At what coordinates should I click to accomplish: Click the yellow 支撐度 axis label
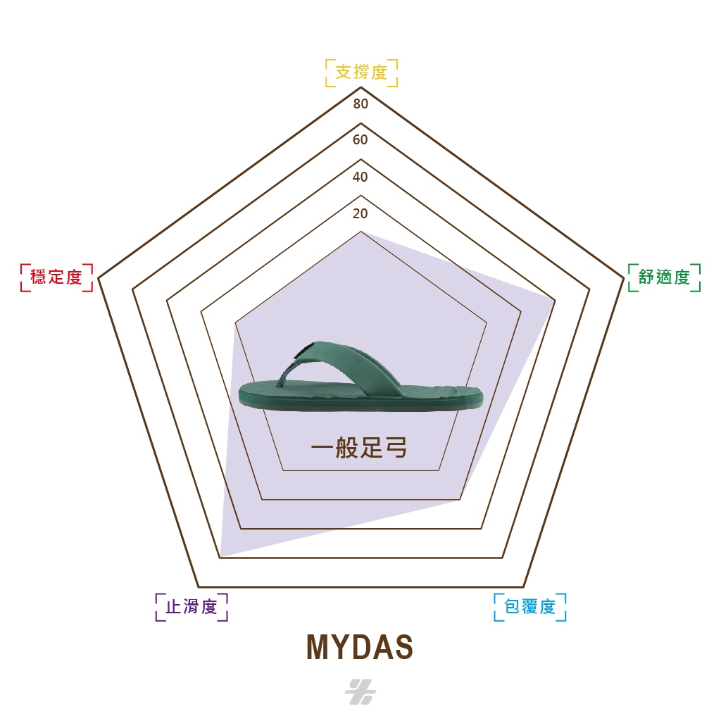[361, 73]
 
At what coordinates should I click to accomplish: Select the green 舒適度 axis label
[664, 277]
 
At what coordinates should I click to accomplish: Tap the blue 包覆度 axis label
[529, 607]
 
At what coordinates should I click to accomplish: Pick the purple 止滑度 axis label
[192, 607]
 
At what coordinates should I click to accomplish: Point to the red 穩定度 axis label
[56, 277]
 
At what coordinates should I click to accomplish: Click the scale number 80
[360, 104]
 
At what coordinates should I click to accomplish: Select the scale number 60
[360, 140]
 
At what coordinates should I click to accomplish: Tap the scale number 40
[360, 177]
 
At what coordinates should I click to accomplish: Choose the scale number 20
[360, 213]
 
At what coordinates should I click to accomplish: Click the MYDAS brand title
[360, 647]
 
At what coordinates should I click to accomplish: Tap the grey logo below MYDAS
[360, 691]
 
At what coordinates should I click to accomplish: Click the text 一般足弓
[359, 447]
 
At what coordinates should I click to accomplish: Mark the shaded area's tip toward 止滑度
[221, 556]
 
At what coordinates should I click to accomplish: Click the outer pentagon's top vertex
[361, 87]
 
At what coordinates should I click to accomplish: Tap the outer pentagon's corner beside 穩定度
[99, 277]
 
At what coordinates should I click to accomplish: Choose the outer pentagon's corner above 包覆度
[523, 587]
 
